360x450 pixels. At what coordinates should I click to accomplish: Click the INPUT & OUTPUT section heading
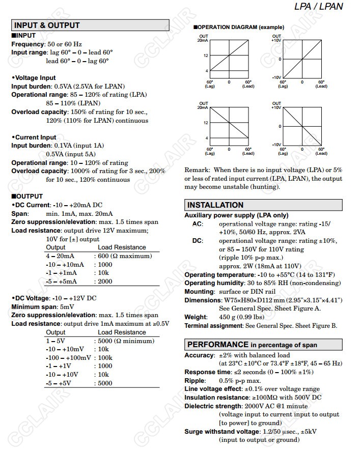coord(47,25)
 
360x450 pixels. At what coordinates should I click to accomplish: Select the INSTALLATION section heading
coord(215,205)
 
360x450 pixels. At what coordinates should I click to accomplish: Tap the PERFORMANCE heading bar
coord(252,345)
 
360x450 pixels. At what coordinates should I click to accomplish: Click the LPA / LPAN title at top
coord(319,7)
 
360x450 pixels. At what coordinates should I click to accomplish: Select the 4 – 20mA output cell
coord(60,256)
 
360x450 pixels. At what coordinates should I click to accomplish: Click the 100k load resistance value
coord(105,358)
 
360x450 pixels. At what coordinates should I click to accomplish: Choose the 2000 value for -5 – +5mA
coord(105,282)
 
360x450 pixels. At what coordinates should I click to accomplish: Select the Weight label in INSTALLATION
coord(196,317)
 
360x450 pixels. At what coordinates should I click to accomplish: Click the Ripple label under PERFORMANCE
coord(195,381)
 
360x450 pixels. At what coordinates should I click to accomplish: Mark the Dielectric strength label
coord(213,406)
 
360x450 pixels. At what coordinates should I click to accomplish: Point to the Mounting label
coord(199,292)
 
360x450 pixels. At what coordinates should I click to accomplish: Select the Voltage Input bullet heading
coord(35,78)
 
